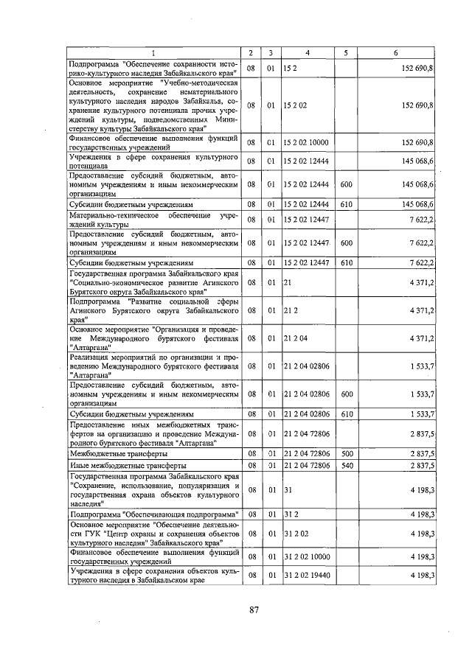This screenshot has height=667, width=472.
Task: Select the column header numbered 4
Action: tap(307, 53)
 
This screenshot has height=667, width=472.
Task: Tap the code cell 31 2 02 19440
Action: tap(307, 575)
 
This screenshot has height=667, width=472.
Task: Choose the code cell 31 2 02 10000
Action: tap(307, 556)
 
